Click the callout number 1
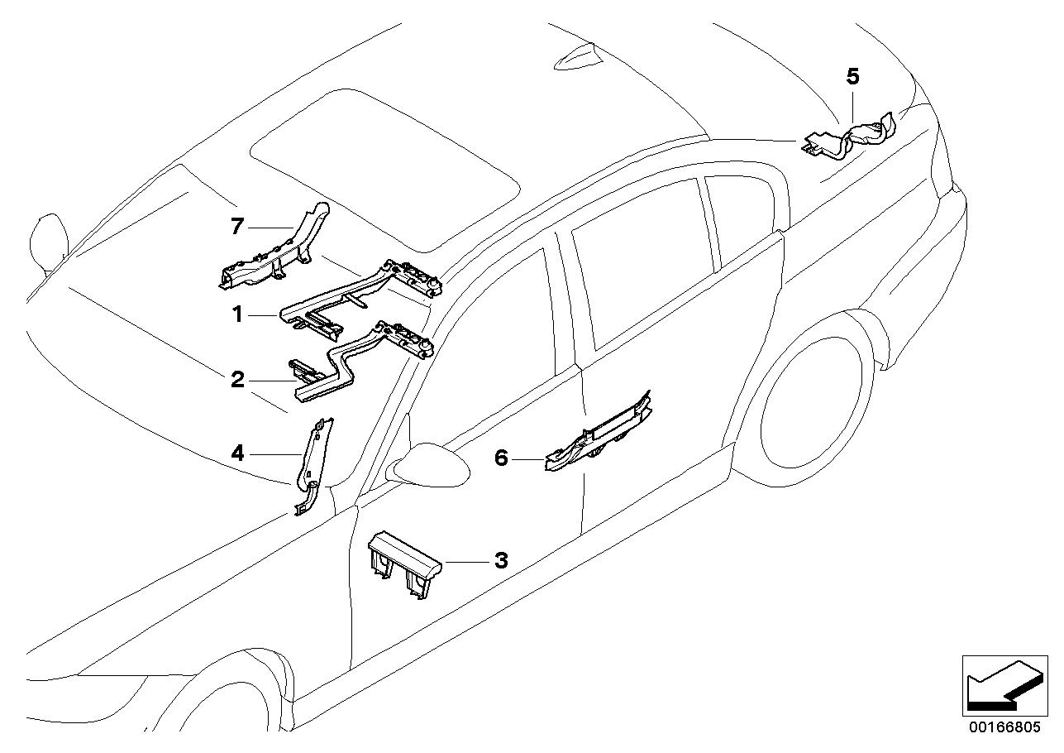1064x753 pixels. coord(238,314)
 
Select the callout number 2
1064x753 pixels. coord(237,380)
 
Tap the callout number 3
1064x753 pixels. coord(501,560)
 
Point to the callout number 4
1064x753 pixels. coord(237,453)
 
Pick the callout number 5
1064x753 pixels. coord(853,76)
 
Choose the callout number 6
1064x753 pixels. coord(501,458)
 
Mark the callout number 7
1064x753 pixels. coord(237,227)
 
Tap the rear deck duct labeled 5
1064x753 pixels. coord(850,137)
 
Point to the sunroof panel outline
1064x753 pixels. coord(384,171)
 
